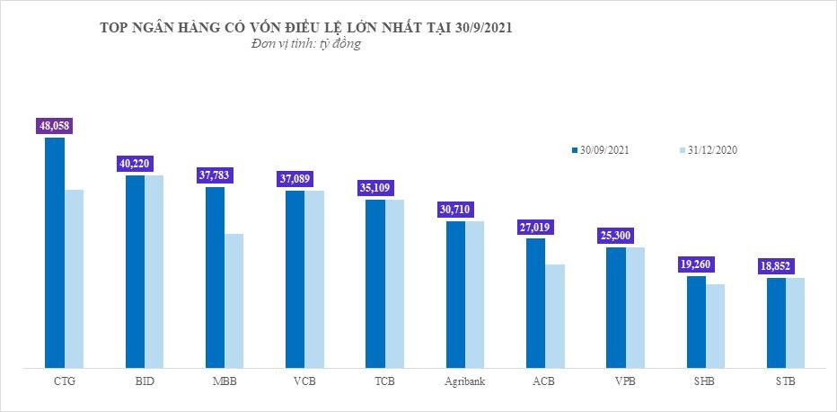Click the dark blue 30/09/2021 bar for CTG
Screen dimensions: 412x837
(55, 252)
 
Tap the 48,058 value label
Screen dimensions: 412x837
(54, 127)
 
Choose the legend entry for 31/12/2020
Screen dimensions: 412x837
(709, 150)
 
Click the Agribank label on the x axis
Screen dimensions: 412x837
(465, 382)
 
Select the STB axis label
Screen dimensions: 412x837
(786, 382)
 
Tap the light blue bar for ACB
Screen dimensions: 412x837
(555, 316)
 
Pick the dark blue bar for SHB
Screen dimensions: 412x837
(696, 321)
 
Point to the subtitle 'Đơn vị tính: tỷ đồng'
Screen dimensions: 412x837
(306, 45)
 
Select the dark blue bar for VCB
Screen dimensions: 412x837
(295, 279)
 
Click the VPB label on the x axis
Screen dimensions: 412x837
(625, 382)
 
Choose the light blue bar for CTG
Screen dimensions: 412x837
(75, 278)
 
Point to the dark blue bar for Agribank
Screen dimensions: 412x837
(455, 294)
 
